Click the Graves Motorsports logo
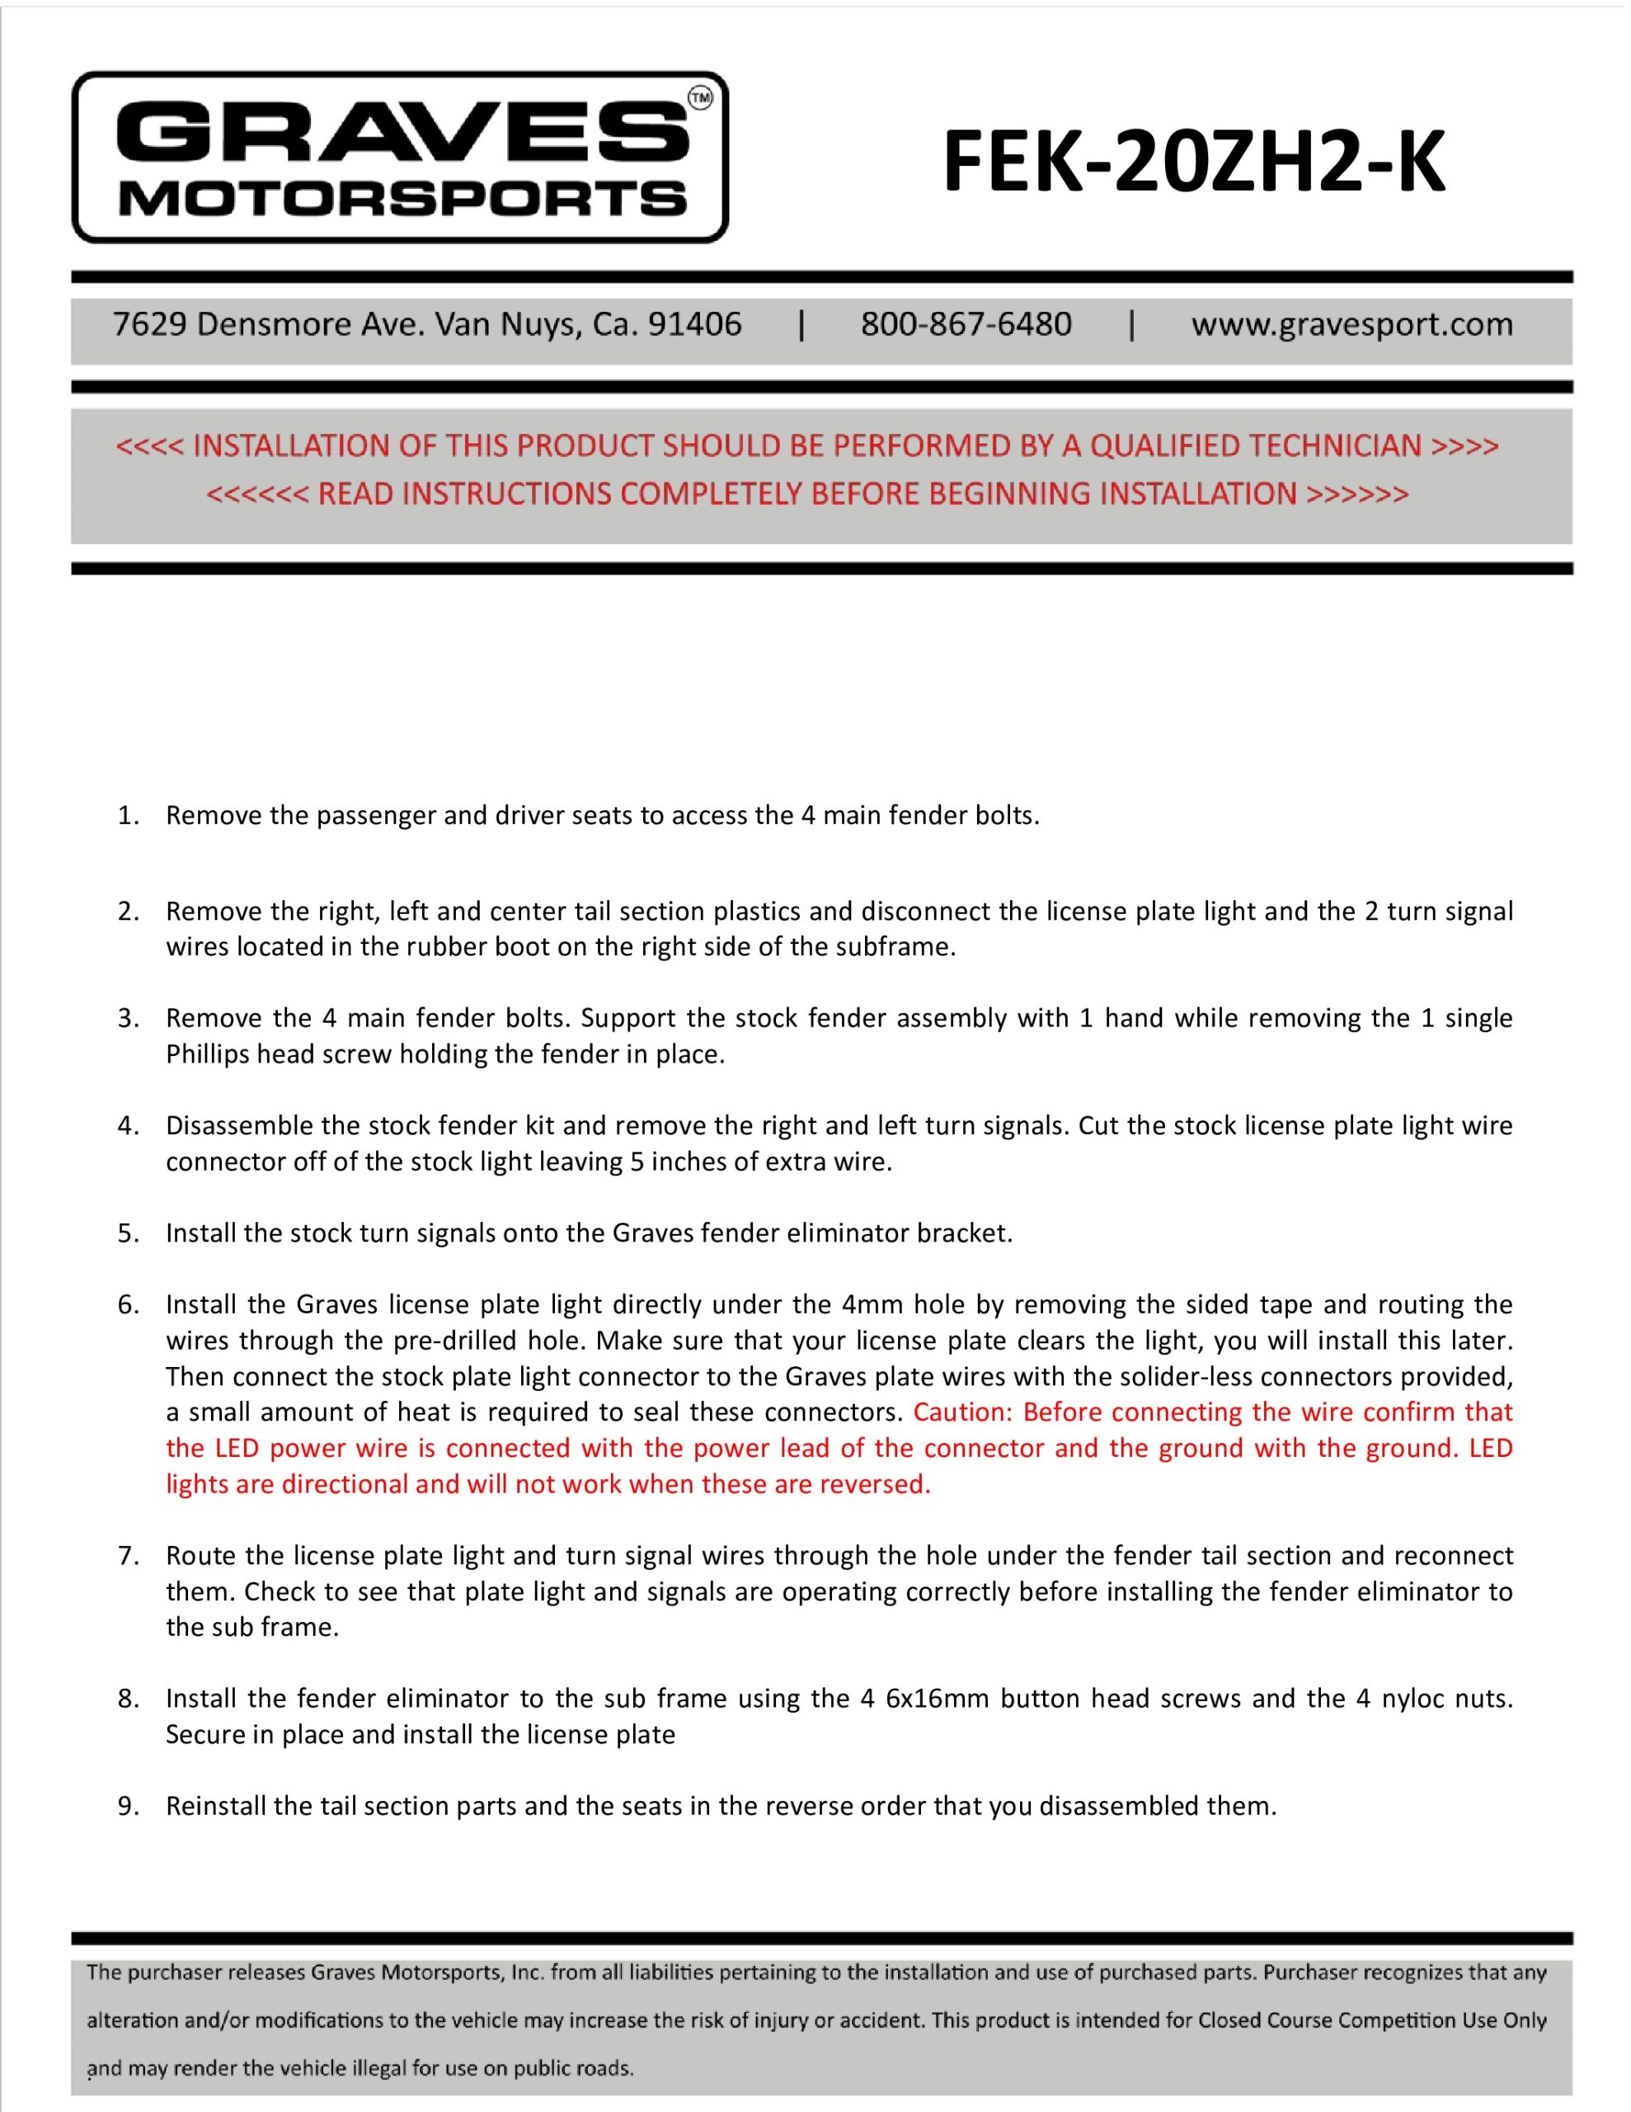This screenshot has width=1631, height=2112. [x=399, y=157]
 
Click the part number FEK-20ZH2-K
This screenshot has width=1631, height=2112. [x=1193, y=162]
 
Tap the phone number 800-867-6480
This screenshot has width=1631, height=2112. [x=966, y=324]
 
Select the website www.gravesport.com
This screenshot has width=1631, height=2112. [x=1351, y=324]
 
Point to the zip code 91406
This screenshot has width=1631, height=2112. [x=694, y=324]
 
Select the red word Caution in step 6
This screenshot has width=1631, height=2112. [x=961, y=1412]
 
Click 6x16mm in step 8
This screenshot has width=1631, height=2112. [x=936, y=1698]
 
